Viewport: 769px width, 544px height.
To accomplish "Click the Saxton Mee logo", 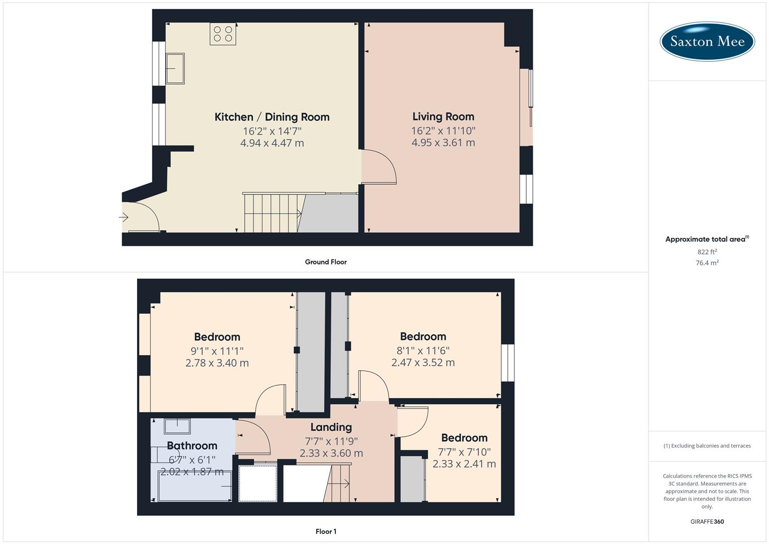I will (707, 41).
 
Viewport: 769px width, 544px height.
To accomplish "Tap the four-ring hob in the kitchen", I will (223, 34).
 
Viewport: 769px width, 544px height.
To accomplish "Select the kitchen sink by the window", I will (175, 68).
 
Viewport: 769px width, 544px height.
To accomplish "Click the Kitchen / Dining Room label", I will (272, 117).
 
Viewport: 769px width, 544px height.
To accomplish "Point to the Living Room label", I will (443, 116).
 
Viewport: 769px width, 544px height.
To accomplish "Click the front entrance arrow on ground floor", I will (124, 218).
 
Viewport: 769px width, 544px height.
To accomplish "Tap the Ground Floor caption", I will (326, 262).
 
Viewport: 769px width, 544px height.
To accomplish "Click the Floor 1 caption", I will (326, 531).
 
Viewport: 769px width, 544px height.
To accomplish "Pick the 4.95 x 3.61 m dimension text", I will (443, 143).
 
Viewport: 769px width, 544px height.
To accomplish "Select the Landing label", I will (331, 427).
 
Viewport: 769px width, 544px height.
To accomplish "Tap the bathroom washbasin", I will (177, 426).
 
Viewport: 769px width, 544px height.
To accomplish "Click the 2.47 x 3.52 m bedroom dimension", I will (423, 363).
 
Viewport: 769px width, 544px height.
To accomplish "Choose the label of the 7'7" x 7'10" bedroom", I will (464, 438).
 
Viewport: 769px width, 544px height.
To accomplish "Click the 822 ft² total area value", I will (707, 252).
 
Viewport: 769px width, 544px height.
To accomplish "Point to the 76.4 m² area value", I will (707, 263).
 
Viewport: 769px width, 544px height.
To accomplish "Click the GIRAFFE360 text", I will (707, 522).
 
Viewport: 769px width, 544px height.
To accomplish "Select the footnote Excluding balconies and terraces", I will (707, 446).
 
